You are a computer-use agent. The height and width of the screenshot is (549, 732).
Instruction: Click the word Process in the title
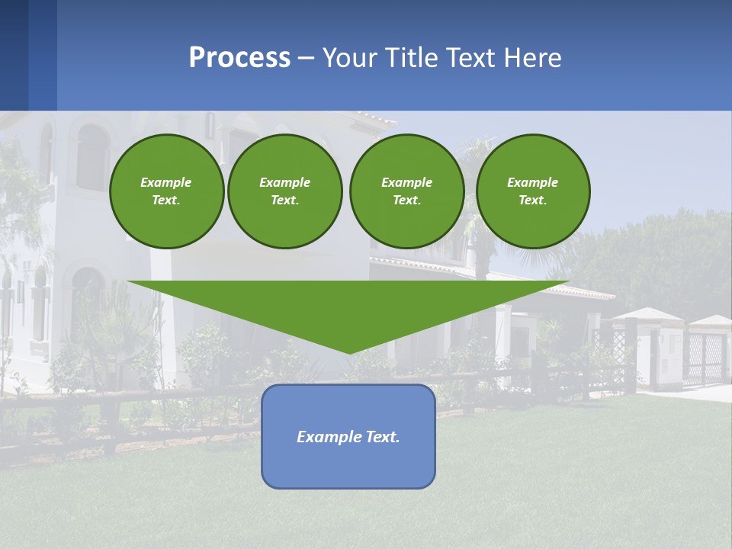coord(239,58)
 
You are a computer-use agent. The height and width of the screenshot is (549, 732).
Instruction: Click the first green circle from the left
coord(166,191)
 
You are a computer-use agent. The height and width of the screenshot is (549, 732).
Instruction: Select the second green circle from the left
coord(284,191)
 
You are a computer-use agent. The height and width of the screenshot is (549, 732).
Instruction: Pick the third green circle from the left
coord(406,191)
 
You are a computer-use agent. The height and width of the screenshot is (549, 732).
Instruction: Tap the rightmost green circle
coord(533,191)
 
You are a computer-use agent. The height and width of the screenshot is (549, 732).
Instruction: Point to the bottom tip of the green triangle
coord(349,352)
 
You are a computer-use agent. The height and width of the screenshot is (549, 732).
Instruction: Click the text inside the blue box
coord(348,437)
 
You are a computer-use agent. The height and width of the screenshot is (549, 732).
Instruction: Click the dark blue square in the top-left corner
coord(14,55)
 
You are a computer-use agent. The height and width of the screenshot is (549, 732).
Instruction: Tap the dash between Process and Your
coord(306,59)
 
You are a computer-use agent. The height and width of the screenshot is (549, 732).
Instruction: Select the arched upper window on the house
coord(92,157)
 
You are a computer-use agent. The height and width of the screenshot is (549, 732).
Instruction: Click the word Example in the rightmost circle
coord(533,182)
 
